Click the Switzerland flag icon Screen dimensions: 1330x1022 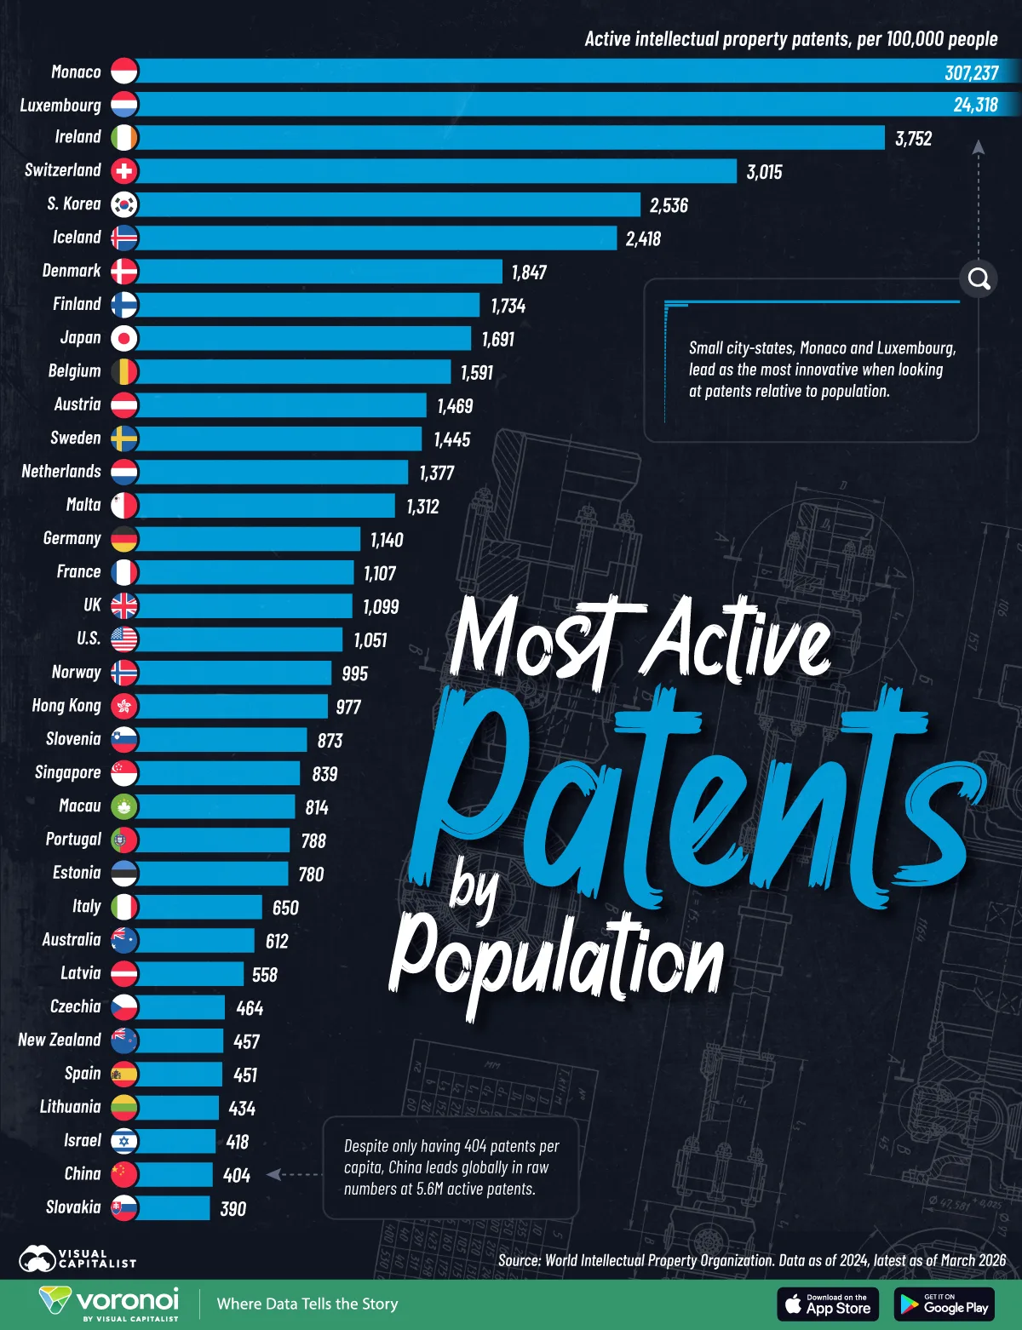(124, 171)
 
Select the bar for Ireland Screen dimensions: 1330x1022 (511, 138)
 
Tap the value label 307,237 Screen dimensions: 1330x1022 (971, 72)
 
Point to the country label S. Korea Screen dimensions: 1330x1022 (74, 204)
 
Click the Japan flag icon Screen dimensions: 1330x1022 (124, 338)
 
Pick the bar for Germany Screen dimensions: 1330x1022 (247, 539)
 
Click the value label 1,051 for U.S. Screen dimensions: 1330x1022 (370, 640)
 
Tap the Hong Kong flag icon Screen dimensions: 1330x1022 (124, 706)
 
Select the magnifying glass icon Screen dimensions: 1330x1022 (979, 278)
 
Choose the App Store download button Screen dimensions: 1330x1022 (828, 1304)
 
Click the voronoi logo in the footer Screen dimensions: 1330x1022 (109, 1304)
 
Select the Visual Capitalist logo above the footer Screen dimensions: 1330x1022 (77, 1258)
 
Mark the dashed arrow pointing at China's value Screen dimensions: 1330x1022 (295, 1174)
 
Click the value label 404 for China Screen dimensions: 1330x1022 (237, 1176)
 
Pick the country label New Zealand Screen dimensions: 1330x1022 (60, 1040)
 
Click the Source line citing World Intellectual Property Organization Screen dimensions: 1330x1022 (751, 1260)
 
